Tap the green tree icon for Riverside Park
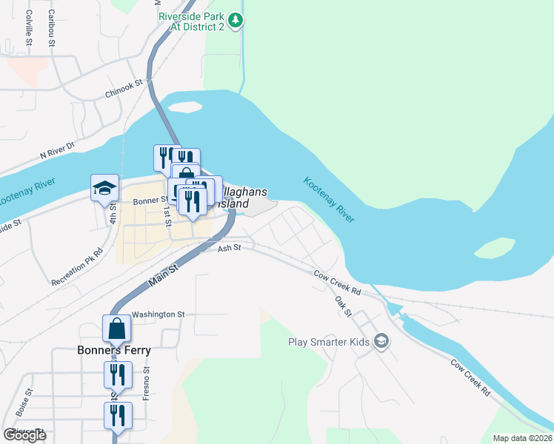click(236, 20)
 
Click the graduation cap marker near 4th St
click(104, 189)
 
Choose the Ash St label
click(230, 249)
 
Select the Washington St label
click(158, 314)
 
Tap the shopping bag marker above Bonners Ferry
click(117, 328)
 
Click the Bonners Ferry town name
click(115, 350)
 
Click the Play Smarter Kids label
click(330, 342)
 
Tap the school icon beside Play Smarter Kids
click(381, 341)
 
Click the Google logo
click(24, 435)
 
